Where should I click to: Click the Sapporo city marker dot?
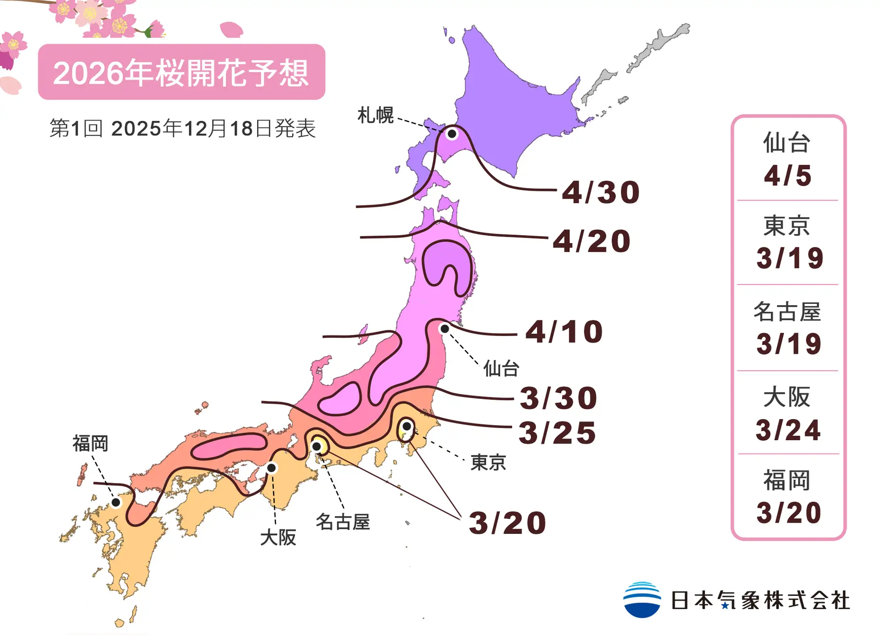[x=452, y=134]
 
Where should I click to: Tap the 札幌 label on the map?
[x=375, y=115]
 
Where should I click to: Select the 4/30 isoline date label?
[x=601, y=192]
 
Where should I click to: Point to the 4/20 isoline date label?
[x=591, y=241]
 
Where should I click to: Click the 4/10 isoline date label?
[x=564, y=332]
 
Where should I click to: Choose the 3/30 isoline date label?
[x=558, y=398]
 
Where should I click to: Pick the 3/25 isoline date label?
[x=557, y=433]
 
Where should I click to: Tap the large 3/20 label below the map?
[x=508, y=523]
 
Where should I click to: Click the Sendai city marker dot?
[x=444, y=329]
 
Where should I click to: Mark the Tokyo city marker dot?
[x=407, y=426]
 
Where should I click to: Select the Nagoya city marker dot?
[x=317, y=446]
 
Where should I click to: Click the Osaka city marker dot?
[x=271, y=468]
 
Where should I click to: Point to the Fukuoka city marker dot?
[x=116, y=502]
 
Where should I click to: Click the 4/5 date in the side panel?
[x=788, y=176]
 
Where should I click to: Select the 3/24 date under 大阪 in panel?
[x=788, y=430]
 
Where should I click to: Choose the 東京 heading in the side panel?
[x=786, y=226]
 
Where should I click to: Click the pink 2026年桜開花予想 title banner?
[x=181, y=72]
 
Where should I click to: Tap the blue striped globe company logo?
[x=642, y=600]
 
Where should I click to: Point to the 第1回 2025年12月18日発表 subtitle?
[x=182, y=128]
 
